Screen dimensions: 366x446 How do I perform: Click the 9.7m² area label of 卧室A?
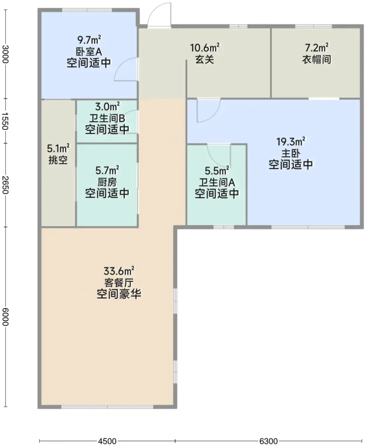coord(89,40)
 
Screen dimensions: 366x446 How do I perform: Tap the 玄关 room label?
coord(205,60)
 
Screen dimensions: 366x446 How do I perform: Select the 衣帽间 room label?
coord(316,60)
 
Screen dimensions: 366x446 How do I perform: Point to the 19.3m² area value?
coord(291,141)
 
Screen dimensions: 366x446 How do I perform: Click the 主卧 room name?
coord(291,153)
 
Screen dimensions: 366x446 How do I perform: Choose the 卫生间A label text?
coord(217,182)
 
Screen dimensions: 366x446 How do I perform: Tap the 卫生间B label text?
coord(107,118)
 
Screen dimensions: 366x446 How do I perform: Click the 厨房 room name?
coord(107,182)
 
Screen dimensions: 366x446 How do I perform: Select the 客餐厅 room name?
coord(119,282)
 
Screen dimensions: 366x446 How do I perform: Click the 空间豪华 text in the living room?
coord(119,294)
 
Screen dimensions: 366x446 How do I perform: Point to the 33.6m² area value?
coord(119,271)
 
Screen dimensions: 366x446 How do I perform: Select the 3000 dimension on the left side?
coord(5,54)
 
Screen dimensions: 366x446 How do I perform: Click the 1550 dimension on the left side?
coord(5,121)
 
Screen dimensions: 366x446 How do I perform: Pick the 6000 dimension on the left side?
coord(5,317)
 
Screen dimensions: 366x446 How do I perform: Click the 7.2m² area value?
coord(316,48)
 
